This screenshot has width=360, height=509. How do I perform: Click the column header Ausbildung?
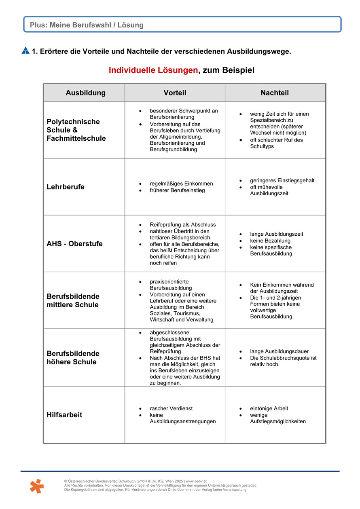pyautogui.click(x=85, y=93)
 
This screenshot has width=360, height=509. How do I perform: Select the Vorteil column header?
pyautogui.click(x=175, y=93)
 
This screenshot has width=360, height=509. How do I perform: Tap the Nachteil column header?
pyautogui.click(x=275, y=93)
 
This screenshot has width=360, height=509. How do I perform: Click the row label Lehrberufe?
pyautogui.click(x=66, y=187)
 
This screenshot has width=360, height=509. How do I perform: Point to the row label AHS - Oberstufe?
pyautogui.click(x=74, y=244)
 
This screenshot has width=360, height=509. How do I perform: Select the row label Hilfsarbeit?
pyautogui.click(x=64, y=415)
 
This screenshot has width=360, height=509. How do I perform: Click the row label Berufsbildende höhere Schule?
pyautogui.click(x=73, y=358)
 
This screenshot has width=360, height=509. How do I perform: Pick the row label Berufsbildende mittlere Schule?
pyautogui.click(x=73, y=301)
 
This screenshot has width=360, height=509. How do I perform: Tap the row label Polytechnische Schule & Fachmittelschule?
pyautogui.click(x=76, y=130)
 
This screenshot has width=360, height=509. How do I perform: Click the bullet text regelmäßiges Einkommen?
pyautogui.click(x=181, y=184)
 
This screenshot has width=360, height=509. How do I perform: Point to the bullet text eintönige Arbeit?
pyautogui.click(x=269, y=408)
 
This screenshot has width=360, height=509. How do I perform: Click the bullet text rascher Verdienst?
pyautogui.click(x=171, y=408)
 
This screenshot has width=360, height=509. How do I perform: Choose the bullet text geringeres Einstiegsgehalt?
pyautogui.click(x=282, y=181)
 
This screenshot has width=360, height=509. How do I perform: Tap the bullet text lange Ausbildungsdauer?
pyautogui.click(x=279, y=352)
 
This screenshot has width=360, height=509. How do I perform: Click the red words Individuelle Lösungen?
pyautogui.click(x=153, y=70)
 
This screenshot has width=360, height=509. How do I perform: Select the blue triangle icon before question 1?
pyautogui.click(x=25, y=51)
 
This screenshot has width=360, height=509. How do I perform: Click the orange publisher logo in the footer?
pyautogui.click(x=37, y=486)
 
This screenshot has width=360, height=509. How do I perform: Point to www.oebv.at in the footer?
pyautogui.click(x=197, y=481)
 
